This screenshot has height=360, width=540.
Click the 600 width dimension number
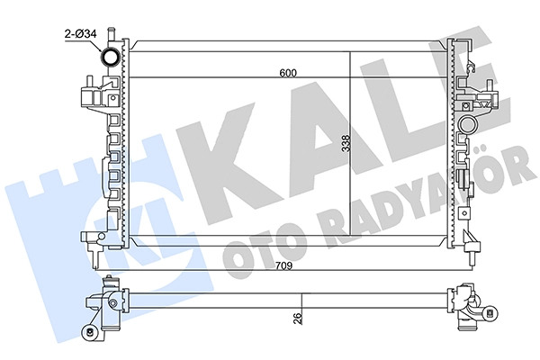coord(288,73)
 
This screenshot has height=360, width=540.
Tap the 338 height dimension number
coord(346,144)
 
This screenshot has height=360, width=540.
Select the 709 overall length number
coord(283,266)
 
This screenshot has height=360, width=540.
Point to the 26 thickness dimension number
coord(298,318)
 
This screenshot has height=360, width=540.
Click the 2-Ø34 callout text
coord(81,34)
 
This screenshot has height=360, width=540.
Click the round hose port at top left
coord(110,57)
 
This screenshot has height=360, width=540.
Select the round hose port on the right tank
coord(468,124)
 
